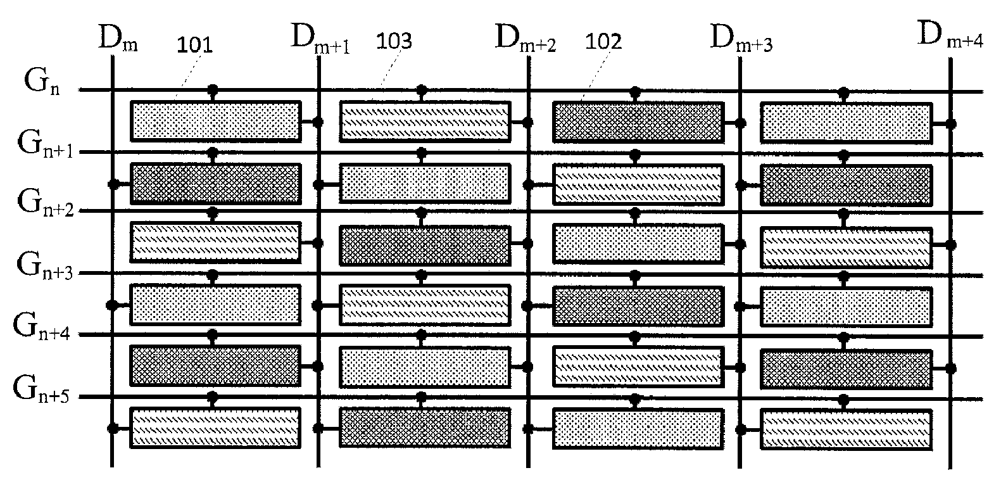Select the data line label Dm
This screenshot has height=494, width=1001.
(x=118, y=39)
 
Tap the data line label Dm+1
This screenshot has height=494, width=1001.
(x=320, y=39)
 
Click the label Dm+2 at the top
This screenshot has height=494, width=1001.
(x=525, y=39)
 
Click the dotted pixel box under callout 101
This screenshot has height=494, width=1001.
(x=215, y=120)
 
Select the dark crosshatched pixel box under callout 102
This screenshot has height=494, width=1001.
(x=638, y=121)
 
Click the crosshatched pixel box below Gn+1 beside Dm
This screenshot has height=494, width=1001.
(x=215, y=184)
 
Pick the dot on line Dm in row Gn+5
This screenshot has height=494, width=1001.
(x=113, y=428)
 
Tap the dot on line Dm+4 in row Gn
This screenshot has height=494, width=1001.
(x=950, y=123)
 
